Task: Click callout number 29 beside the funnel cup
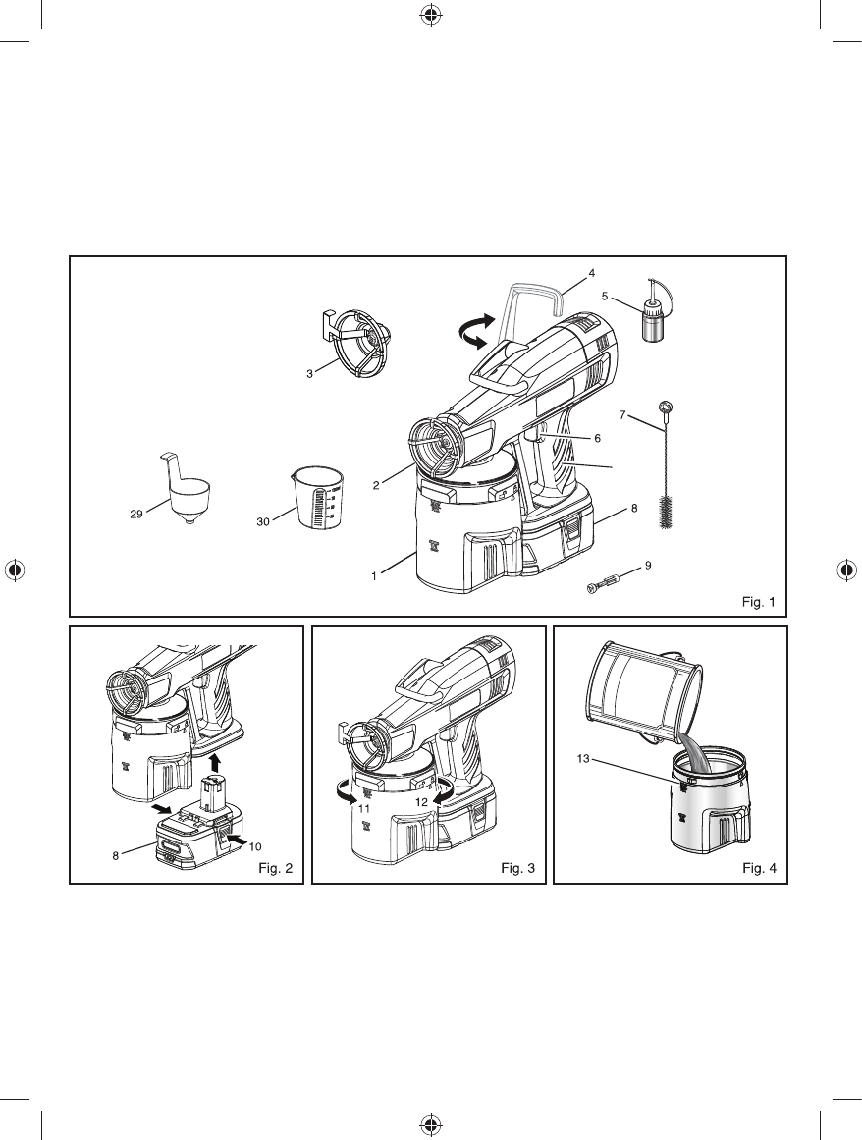coord(136,514)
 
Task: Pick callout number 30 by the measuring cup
coord(263,521)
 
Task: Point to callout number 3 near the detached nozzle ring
coord(310,373)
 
